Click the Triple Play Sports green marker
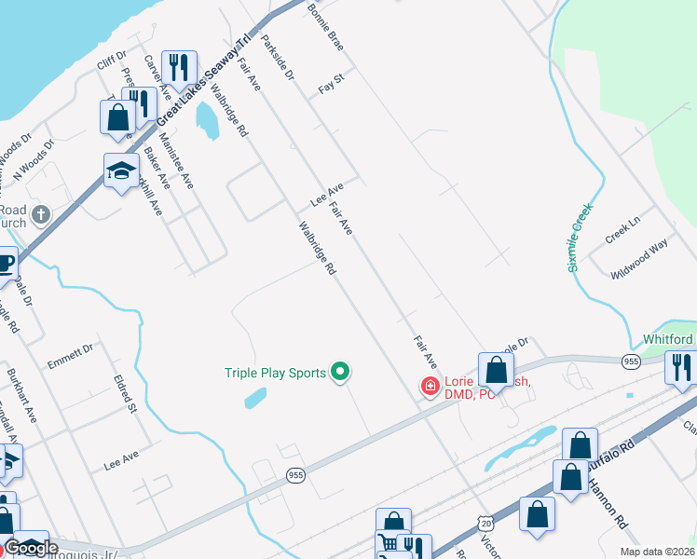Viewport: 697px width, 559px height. [x=340, y=373]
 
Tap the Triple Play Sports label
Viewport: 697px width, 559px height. [x=275, y=373]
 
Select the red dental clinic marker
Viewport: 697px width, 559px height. [x=430, y=385]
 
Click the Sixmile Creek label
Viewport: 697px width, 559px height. [x=580, y=240]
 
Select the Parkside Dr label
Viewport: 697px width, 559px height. [x=278, y=57]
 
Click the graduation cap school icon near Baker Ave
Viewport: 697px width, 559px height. [x=121, y=170]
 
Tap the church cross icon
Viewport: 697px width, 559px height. [x=40, y=215]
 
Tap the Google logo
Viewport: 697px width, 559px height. [x=32, y=548]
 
